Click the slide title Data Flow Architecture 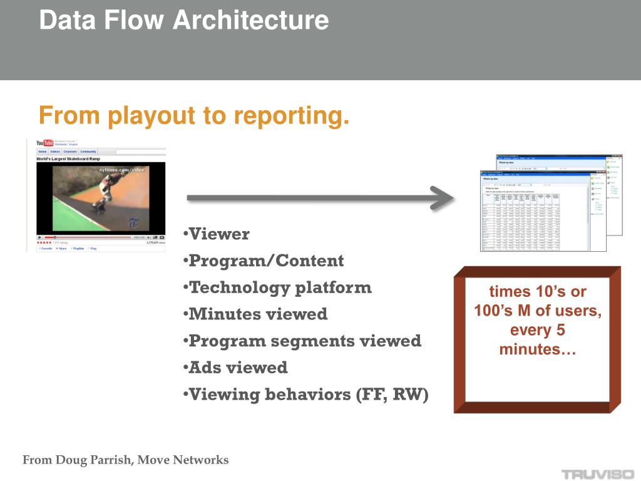[x=183, y=20]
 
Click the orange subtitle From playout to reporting [x=193, y=116]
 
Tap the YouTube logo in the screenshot [x=44, y=143]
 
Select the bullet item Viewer [x=218, y=234]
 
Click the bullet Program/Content [x=266, y=261]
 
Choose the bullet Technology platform [x=280, y=287]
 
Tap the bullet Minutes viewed [x=258, y=314]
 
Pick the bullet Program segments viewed [x=305, y=341]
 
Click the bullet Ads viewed [x=238, y=368]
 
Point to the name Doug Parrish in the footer [x=94, y=460]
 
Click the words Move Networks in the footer [x=183, y=460]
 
